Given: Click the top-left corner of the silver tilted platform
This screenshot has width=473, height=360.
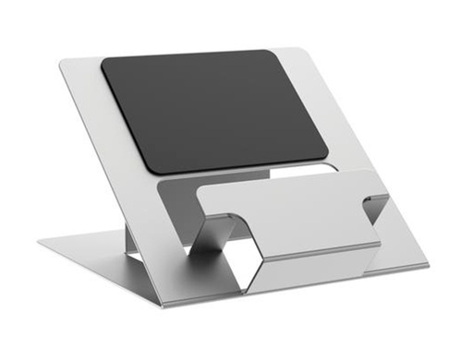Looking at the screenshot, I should coord(61,62).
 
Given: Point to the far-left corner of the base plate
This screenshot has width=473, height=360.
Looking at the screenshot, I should coord(40,244).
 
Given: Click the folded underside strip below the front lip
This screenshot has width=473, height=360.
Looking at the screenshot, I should coord(305,258).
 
